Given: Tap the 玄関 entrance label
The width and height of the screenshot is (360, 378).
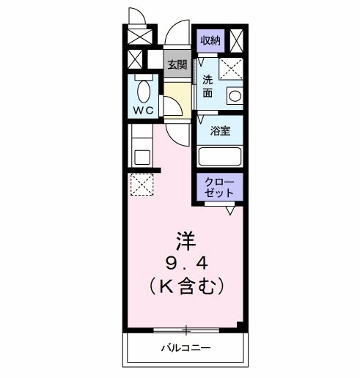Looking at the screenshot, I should coord(176,65).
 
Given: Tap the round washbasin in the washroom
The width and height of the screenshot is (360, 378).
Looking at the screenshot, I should coord(234,95).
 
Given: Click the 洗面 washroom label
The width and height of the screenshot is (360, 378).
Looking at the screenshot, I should coord(207,87).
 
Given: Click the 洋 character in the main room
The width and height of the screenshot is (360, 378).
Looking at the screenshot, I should coord(186,239).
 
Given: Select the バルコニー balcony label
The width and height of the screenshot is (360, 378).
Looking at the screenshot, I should coord(185,348).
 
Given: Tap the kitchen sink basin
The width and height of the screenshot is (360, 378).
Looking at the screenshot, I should coord(142,157).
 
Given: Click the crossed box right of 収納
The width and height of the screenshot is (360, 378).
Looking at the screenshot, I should coord(237,40).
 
